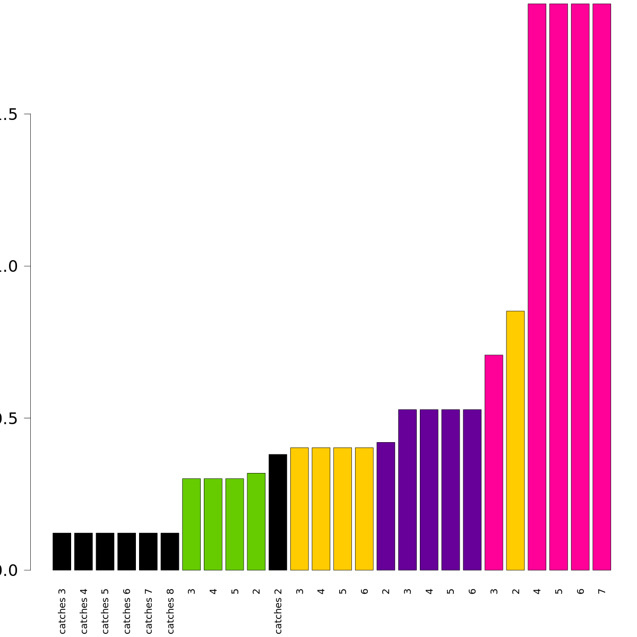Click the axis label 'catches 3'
tap(62, 610)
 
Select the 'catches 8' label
tap(170, 610)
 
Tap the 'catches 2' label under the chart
tap(278, 610)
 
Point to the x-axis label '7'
tap(601, 591)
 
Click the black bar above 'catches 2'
tap(278, 512)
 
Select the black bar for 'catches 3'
tap(62, 552)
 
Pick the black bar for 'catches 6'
tap(127, 552)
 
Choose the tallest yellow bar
tap(515, 441)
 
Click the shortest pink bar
tap(494, 462)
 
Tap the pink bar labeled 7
tap(601, 287)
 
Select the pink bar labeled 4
tap(537, 287)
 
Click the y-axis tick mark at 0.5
tap(28, 418)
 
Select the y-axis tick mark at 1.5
tap(28, 114)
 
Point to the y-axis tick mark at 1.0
tap(28, 266)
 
